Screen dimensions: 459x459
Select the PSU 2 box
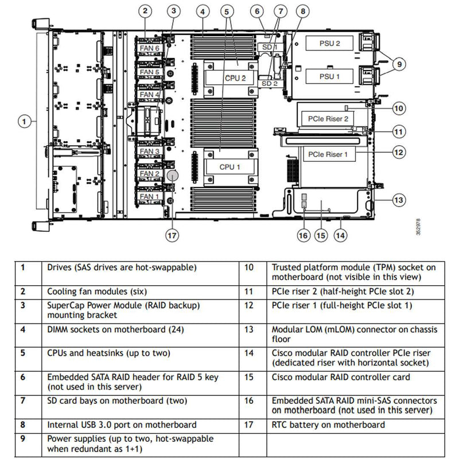322,43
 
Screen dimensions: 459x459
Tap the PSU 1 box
322,76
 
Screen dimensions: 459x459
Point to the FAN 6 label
150,49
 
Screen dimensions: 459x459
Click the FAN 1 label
150,196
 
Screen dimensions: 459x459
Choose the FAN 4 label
150,94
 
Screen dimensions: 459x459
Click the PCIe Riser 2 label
328,119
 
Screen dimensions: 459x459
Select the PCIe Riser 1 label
328,154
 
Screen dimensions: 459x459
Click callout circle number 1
24,121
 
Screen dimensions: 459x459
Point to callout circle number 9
400,64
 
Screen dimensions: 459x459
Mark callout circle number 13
400,200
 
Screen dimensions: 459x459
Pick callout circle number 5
228,11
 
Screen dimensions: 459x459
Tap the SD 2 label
269,83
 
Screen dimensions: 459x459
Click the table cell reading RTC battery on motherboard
328,425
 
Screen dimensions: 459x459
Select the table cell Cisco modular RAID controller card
341,377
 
